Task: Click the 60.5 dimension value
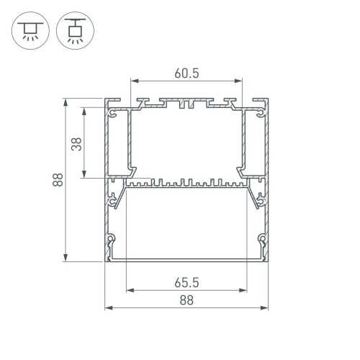pyautogui.click(x=186, y=73)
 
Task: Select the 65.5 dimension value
pyautogui.click(x=186, y=282)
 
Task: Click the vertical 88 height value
pyautogui.click(x=55, y=180)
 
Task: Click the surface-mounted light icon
pyautogui.click(x=30, y=30)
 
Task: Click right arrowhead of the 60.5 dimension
pyautogui.click(x=240, y=82)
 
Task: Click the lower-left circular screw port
pyautogui.click(x=112, y=238)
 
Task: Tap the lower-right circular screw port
pyautogui.click(x=262, y=238)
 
